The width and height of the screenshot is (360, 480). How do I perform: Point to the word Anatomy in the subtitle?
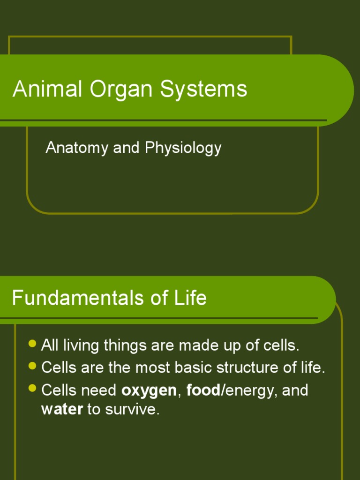click(77, 148)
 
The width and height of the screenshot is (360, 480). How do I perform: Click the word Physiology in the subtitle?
click(183, 148)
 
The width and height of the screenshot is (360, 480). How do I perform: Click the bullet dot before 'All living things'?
click(32, 344)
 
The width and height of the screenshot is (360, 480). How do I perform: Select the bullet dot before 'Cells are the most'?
click(32, 365)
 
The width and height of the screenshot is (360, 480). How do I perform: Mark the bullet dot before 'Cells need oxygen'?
click(32, 388)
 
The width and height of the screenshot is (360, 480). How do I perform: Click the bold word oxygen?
click(149, 390)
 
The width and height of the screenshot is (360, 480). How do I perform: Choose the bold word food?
click(203, 390)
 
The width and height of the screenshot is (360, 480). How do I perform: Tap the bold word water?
click(62, 409)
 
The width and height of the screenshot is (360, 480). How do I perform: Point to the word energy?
click(248, 390)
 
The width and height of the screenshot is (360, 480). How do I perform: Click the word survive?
click(132, 409)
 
